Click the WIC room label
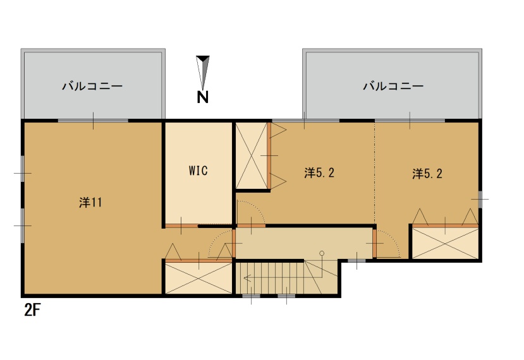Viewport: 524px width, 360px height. pos(198,171)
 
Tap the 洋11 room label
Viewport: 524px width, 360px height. pos(90,202)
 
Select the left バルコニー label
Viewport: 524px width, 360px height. pos(92,86)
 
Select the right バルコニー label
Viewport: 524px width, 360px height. pos(393,86)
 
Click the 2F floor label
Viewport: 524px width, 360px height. pos(32,310)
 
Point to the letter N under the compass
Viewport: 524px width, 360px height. pos(202,97)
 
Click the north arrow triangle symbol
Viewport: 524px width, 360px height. pos(202,73)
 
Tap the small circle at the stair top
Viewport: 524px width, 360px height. pos(322,253)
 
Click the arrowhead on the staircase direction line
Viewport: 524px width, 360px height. pos(247,278)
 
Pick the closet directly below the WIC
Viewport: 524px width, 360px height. pos(199,278)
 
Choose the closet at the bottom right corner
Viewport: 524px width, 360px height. pos(445,243)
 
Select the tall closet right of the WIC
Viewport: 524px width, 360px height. pos(252,155)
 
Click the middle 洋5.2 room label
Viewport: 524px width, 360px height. pos(319,173)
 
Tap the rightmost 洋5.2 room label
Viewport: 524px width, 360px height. pos(427,174)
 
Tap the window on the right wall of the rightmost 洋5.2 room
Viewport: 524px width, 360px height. pos(480,199)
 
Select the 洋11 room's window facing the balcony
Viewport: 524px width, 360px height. pos(94,120)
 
